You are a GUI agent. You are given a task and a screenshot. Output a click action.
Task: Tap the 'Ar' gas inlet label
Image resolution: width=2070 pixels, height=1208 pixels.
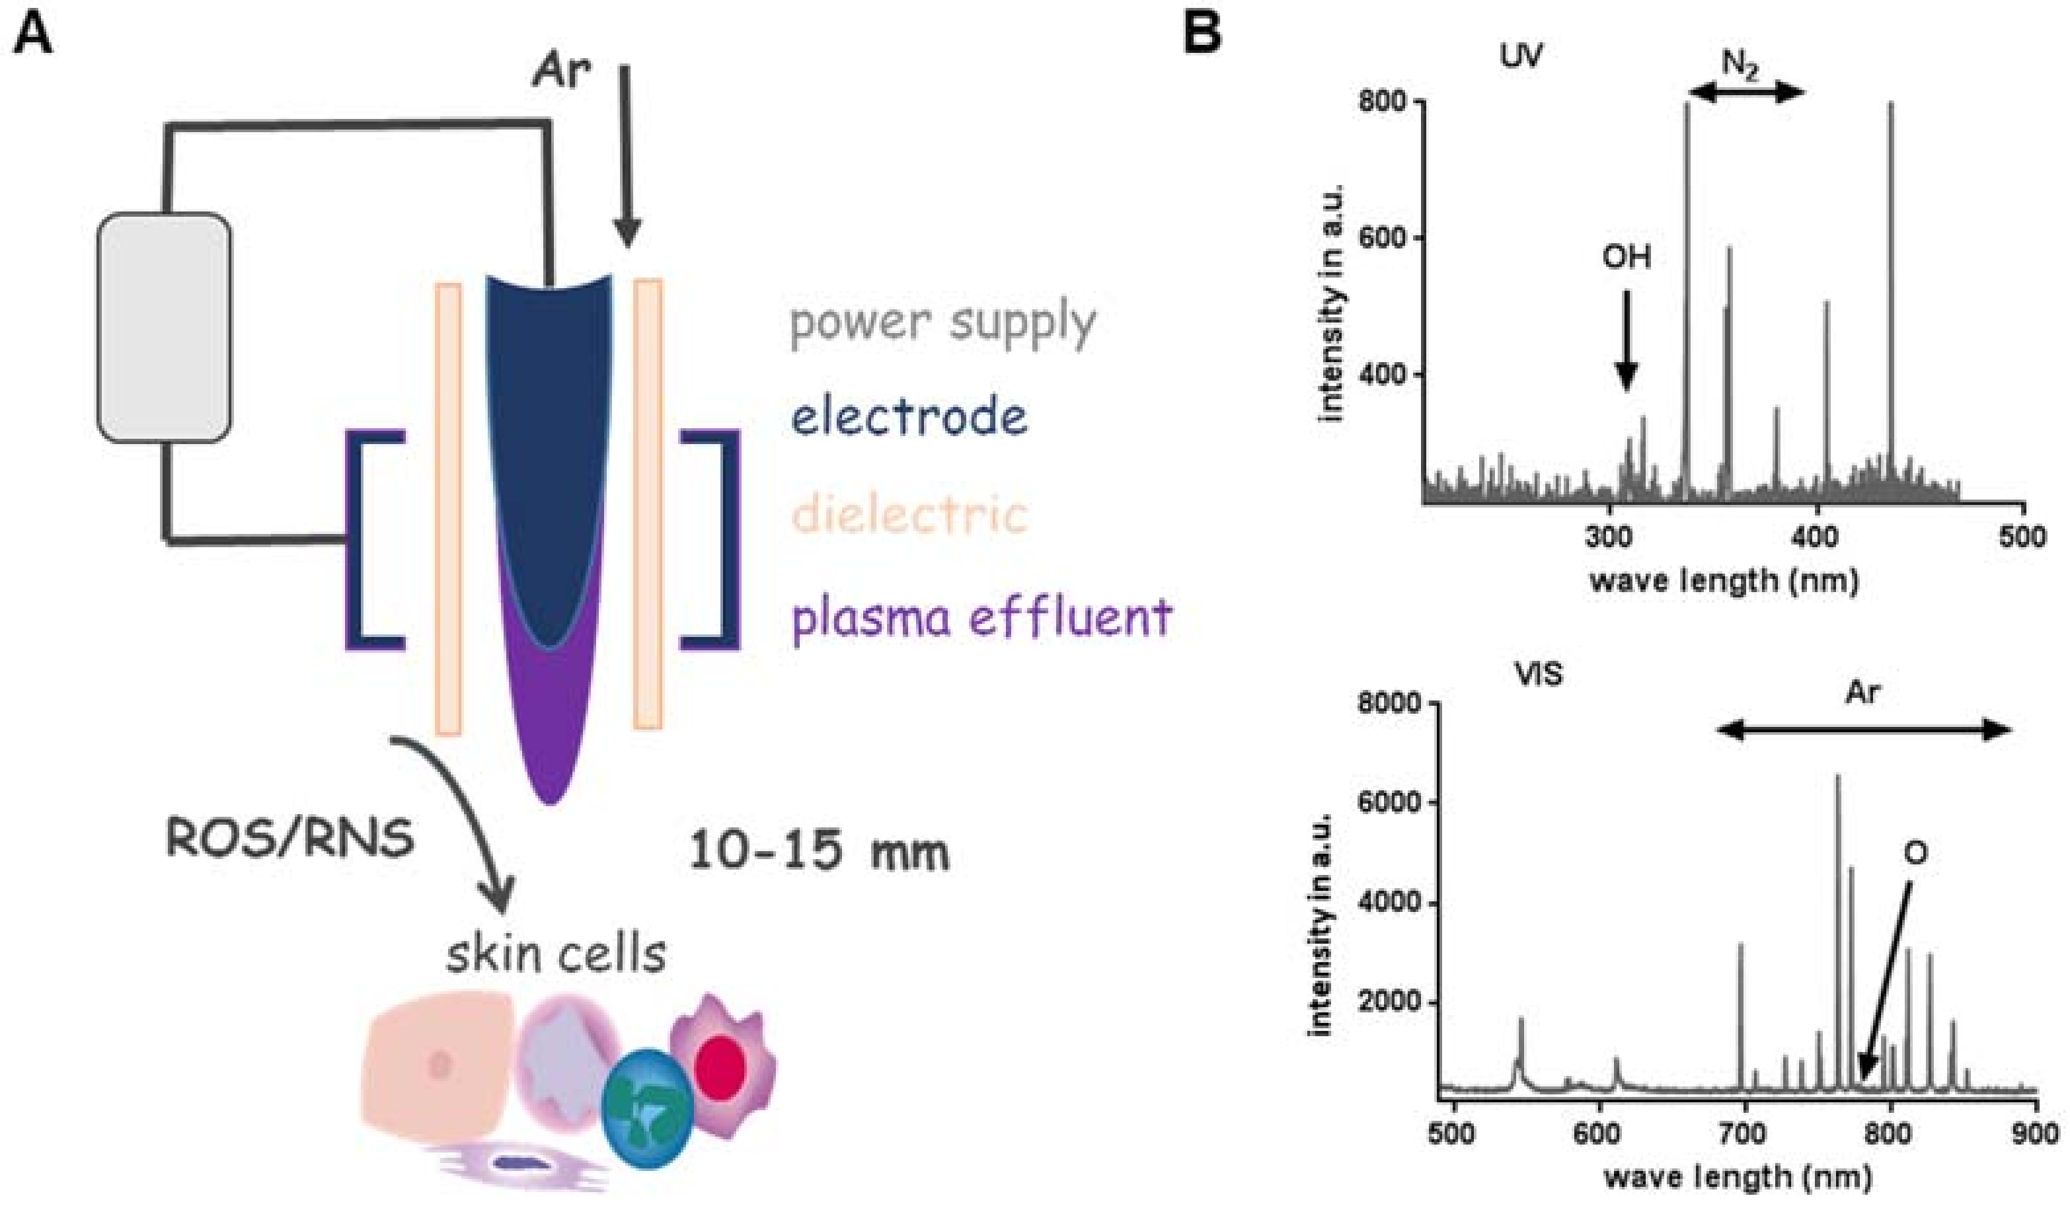(561, 72)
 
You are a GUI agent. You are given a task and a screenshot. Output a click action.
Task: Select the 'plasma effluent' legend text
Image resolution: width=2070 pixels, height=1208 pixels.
(981, 618)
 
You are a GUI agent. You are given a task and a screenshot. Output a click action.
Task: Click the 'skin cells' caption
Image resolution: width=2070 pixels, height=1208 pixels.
(556, 954)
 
